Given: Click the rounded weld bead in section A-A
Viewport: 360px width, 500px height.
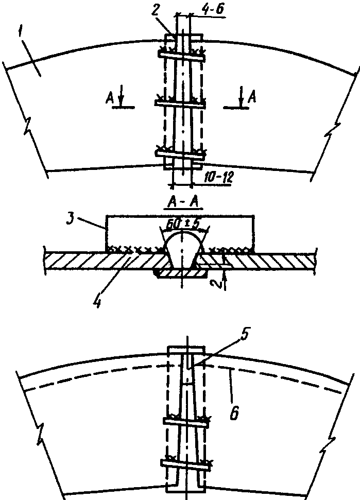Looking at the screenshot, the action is tap(182, 248).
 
